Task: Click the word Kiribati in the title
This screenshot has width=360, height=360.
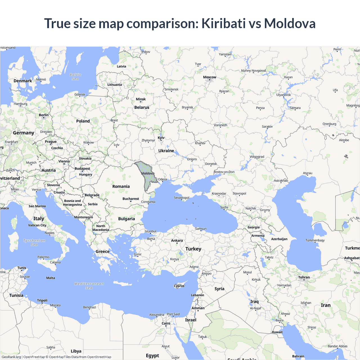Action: point(224,23)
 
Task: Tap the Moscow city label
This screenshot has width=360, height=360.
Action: point(210,77)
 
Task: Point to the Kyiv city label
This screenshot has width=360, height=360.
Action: point(161,138)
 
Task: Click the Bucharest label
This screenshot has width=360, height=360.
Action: point(131,199)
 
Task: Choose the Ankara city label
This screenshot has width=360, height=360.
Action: point(177,240)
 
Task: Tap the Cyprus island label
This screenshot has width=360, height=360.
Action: point(179,286)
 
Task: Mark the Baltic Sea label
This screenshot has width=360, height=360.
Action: point(75,77)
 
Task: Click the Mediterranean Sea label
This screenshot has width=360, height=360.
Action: point(89,286)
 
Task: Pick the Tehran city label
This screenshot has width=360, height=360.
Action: point(304,277)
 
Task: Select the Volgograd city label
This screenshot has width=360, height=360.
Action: point(257,157)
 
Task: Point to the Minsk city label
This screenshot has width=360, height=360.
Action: point(141,99)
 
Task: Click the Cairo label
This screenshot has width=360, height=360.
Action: point(166,323)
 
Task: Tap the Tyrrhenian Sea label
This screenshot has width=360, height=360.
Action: point(34,242)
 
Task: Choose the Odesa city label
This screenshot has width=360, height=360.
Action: point(162,179)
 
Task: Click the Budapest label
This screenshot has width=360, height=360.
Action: point(82,168)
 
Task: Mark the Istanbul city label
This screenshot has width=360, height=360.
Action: point(150,231)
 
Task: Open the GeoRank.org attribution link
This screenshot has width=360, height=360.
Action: point(11,357)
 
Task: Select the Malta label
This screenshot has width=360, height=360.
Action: point(51,278)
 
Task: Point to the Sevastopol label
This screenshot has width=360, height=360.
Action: point(181,198)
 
